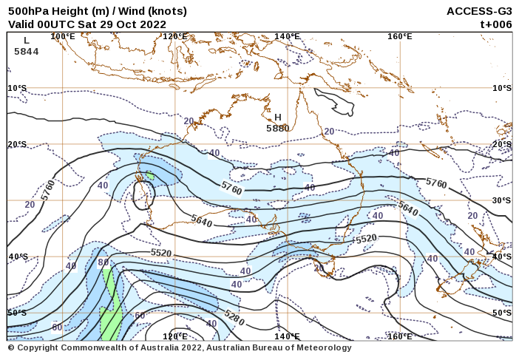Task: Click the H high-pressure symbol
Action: point(278,117)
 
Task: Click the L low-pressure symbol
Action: point(27,41)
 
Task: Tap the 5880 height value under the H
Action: point(278,128)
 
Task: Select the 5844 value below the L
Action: point(27,52)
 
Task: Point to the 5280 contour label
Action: point(234,319)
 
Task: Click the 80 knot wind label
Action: point(104,262)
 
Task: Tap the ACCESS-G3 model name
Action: point(479,11)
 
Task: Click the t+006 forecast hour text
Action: point(496,24)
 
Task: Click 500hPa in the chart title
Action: point(29,11)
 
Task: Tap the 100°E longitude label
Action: point(62,36)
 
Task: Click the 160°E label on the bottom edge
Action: point(399,336)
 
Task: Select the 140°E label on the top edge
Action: point(287,36)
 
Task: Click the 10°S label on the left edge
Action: point(18,88)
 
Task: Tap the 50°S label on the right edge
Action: point(502,313)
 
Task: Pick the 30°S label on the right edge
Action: point(502,200)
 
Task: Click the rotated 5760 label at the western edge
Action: point(48,190)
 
